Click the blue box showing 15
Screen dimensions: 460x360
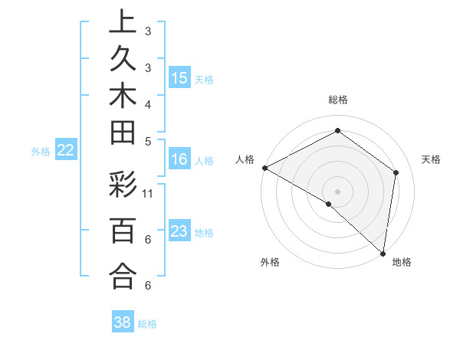(x=179, y=77)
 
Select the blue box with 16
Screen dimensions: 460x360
(x=179, y=159)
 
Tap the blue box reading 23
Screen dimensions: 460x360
(x=179, y=231)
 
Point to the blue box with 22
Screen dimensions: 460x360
(x=66, y=151)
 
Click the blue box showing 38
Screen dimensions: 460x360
(x=123, y=322)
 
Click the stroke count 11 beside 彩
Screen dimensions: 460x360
(x=149, y=195)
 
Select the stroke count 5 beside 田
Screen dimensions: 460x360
(x=148, y=141)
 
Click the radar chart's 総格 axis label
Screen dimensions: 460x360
(x=338, y=100)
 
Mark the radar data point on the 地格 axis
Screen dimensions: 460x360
(x=383, y=253)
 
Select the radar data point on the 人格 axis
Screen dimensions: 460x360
(x=264, y=167)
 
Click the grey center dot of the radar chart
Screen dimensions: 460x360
(x=338, y=191)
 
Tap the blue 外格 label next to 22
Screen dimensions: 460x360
(x=41, y=152)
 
